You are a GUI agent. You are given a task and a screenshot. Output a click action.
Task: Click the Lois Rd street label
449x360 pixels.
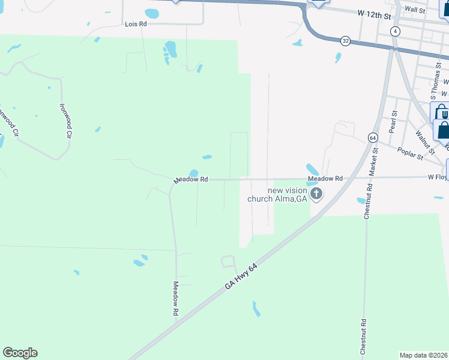point(135,24)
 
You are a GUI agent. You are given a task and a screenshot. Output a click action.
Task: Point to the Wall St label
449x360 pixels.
point(415,10)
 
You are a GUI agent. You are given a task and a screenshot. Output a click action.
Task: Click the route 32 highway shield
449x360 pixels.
point(345,41)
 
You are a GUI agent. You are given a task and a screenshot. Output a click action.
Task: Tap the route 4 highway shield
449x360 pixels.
point(394,31)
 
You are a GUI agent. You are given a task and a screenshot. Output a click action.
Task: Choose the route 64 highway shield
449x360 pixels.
point(373,138)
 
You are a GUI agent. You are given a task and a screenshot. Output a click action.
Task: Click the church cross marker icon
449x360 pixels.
point(316,194)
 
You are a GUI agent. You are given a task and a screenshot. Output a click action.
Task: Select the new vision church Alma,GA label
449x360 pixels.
point(287,195)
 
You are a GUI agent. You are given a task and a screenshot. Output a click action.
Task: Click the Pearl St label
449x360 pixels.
point(393,121)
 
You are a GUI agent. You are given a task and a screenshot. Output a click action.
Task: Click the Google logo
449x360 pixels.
point(20,353)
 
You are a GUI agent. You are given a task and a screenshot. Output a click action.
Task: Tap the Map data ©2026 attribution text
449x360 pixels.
point(424,355)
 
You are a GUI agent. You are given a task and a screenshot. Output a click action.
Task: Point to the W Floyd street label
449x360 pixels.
point(438,177)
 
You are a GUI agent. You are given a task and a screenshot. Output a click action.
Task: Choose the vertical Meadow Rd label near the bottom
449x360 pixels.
point(176,299)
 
